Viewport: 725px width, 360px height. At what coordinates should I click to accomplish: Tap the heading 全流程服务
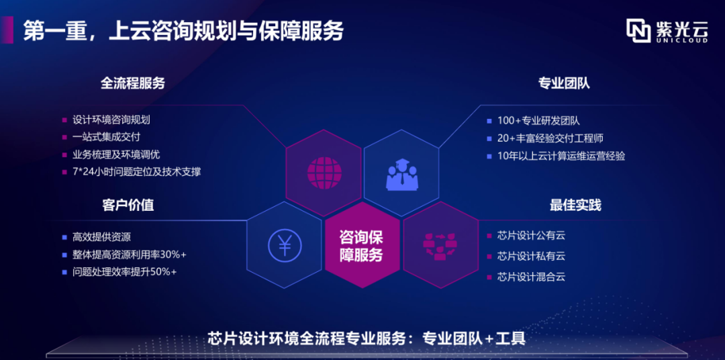tap(133, 83)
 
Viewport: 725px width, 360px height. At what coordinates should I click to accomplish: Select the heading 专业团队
tap(564, 83)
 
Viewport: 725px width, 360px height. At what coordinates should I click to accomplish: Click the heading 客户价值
tap(128, 206)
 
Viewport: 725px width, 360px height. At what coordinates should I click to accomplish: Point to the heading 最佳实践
tap(575, 206)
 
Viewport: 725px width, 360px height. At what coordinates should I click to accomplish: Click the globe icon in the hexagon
tap(324, 173)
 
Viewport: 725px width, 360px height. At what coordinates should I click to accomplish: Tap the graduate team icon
tap(402, 173)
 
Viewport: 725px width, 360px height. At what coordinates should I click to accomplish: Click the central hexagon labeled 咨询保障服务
tap(362, 244)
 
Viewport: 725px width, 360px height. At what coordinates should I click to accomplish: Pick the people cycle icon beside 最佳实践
tap(440, 246)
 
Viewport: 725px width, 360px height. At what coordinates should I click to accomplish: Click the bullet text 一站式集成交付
tap(106, 138)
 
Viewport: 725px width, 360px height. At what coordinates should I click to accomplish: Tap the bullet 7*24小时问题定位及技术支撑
tap(137, 172)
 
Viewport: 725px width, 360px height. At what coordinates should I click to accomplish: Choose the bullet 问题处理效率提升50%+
tap(124, 272)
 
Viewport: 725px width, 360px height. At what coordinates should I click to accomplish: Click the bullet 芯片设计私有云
tap(531, 256)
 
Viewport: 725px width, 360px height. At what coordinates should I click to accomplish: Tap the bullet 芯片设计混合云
tap(531, 277)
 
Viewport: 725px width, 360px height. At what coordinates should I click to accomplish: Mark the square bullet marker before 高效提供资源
tap(64, 238)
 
